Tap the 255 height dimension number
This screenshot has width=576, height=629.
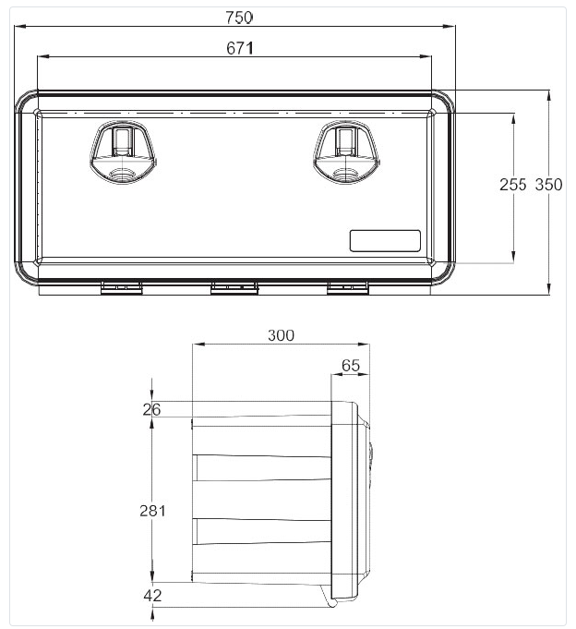[x=512, y=185]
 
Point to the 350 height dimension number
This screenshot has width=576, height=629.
[x=548, y=185]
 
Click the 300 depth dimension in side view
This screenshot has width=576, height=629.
[x=281, y=335]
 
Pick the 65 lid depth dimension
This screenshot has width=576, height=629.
[x=351, y=366]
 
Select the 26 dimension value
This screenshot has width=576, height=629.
[x=152, y=410]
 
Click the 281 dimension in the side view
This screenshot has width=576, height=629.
[x=152, y=510]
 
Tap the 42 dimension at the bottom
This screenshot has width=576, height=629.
[x=152, y=596]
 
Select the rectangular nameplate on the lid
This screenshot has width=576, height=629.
[x=384, y=240]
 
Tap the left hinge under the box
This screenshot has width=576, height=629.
[x=122, y=289]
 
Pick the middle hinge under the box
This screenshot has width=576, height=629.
[x=234, y=289]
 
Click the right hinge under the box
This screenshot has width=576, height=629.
[x=348, y=289]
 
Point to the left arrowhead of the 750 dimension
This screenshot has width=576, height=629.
[x=18, y=28]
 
